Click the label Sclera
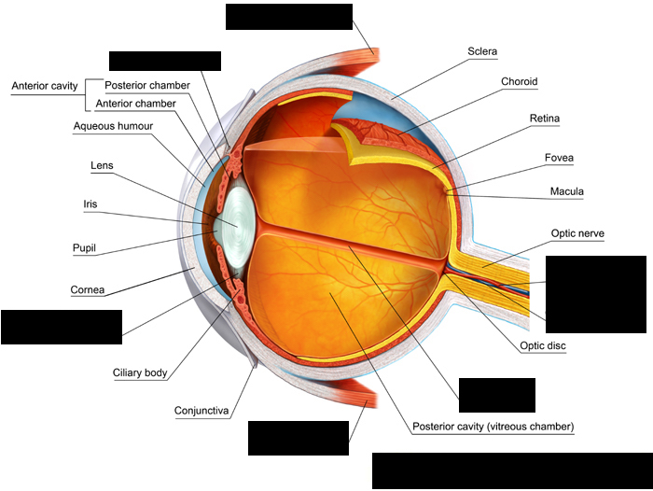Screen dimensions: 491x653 (482, 52)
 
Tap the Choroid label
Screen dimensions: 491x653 (519, 82)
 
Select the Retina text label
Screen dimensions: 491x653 (544, 119)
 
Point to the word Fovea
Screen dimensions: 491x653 (560, 158)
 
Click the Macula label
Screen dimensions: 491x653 (566, 192)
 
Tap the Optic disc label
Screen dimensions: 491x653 (543, 345)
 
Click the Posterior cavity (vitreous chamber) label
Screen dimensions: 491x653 (493, 427)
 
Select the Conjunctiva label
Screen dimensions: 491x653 (202, 410)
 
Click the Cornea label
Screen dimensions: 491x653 (89, 289)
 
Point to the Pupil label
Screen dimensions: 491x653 (87, 249)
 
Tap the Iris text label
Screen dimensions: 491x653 (91, 203)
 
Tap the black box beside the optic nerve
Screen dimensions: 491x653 (595, 294)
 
